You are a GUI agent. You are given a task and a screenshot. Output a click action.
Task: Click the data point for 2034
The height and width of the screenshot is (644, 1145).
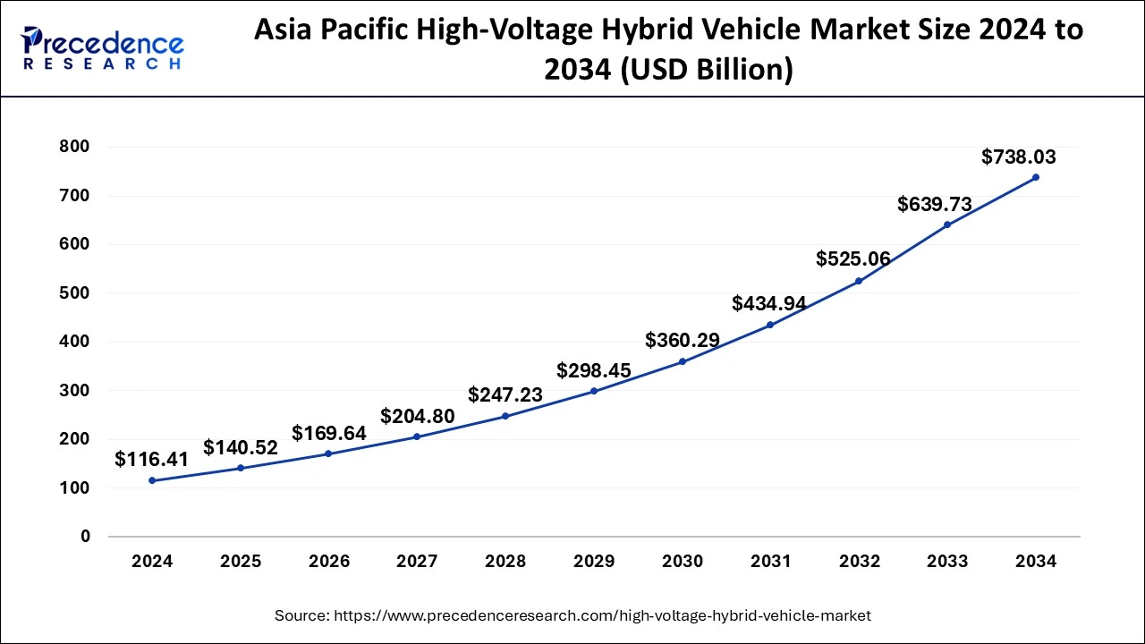click(1036, 177)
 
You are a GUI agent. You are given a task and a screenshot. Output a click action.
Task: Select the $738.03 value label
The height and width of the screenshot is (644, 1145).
click(1018, 157)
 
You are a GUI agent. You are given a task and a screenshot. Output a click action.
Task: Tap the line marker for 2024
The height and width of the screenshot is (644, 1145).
click(152, 480)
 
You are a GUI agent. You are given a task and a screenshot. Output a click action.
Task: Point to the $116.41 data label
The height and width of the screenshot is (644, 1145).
click(152, 460)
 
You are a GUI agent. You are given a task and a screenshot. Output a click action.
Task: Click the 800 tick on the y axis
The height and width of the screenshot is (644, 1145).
click(73, 147)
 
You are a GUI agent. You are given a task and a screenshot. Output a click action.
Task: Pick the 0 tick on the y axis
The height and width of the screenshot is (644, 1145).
click(85, 537)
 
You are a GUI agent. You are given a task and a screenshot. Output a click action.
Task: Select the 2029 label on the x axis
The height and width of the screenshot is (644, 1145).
click(594, 562)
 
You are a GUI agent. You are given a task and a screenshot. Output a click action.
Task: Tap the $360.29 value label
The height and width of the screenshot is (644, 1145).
click(683, 341)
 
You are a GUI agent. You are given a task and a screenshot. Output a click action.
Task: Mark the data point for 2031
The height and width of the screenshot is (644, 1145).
click(770, 325)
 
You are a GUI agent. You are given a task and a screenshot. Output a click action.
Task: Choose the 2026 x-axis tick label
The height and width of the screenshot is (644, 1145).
click(328, 562)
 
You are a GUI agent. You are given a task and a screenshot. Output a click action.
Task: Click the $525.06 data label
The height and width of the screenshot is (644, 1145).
click(853, 259)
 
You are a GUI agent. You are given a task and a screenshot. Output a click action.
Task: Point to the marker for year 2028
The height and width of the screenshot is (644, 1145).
click(505, 416)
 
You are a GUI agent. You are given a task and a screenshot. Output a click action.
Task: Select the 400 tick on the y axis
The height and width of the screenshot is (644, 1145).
click(73, 342)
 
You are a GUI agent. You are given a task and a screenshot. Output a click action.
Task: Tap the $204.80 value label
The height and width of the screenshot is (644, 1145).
click(417, 416)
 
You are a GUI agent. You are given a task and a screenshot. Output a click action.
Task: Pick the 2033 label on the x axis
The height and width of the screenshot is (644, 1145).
click(947, 562)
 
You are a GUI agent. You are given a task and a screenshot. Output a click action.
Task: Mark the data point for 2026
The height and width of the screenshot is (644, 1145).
click(328, 453)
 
